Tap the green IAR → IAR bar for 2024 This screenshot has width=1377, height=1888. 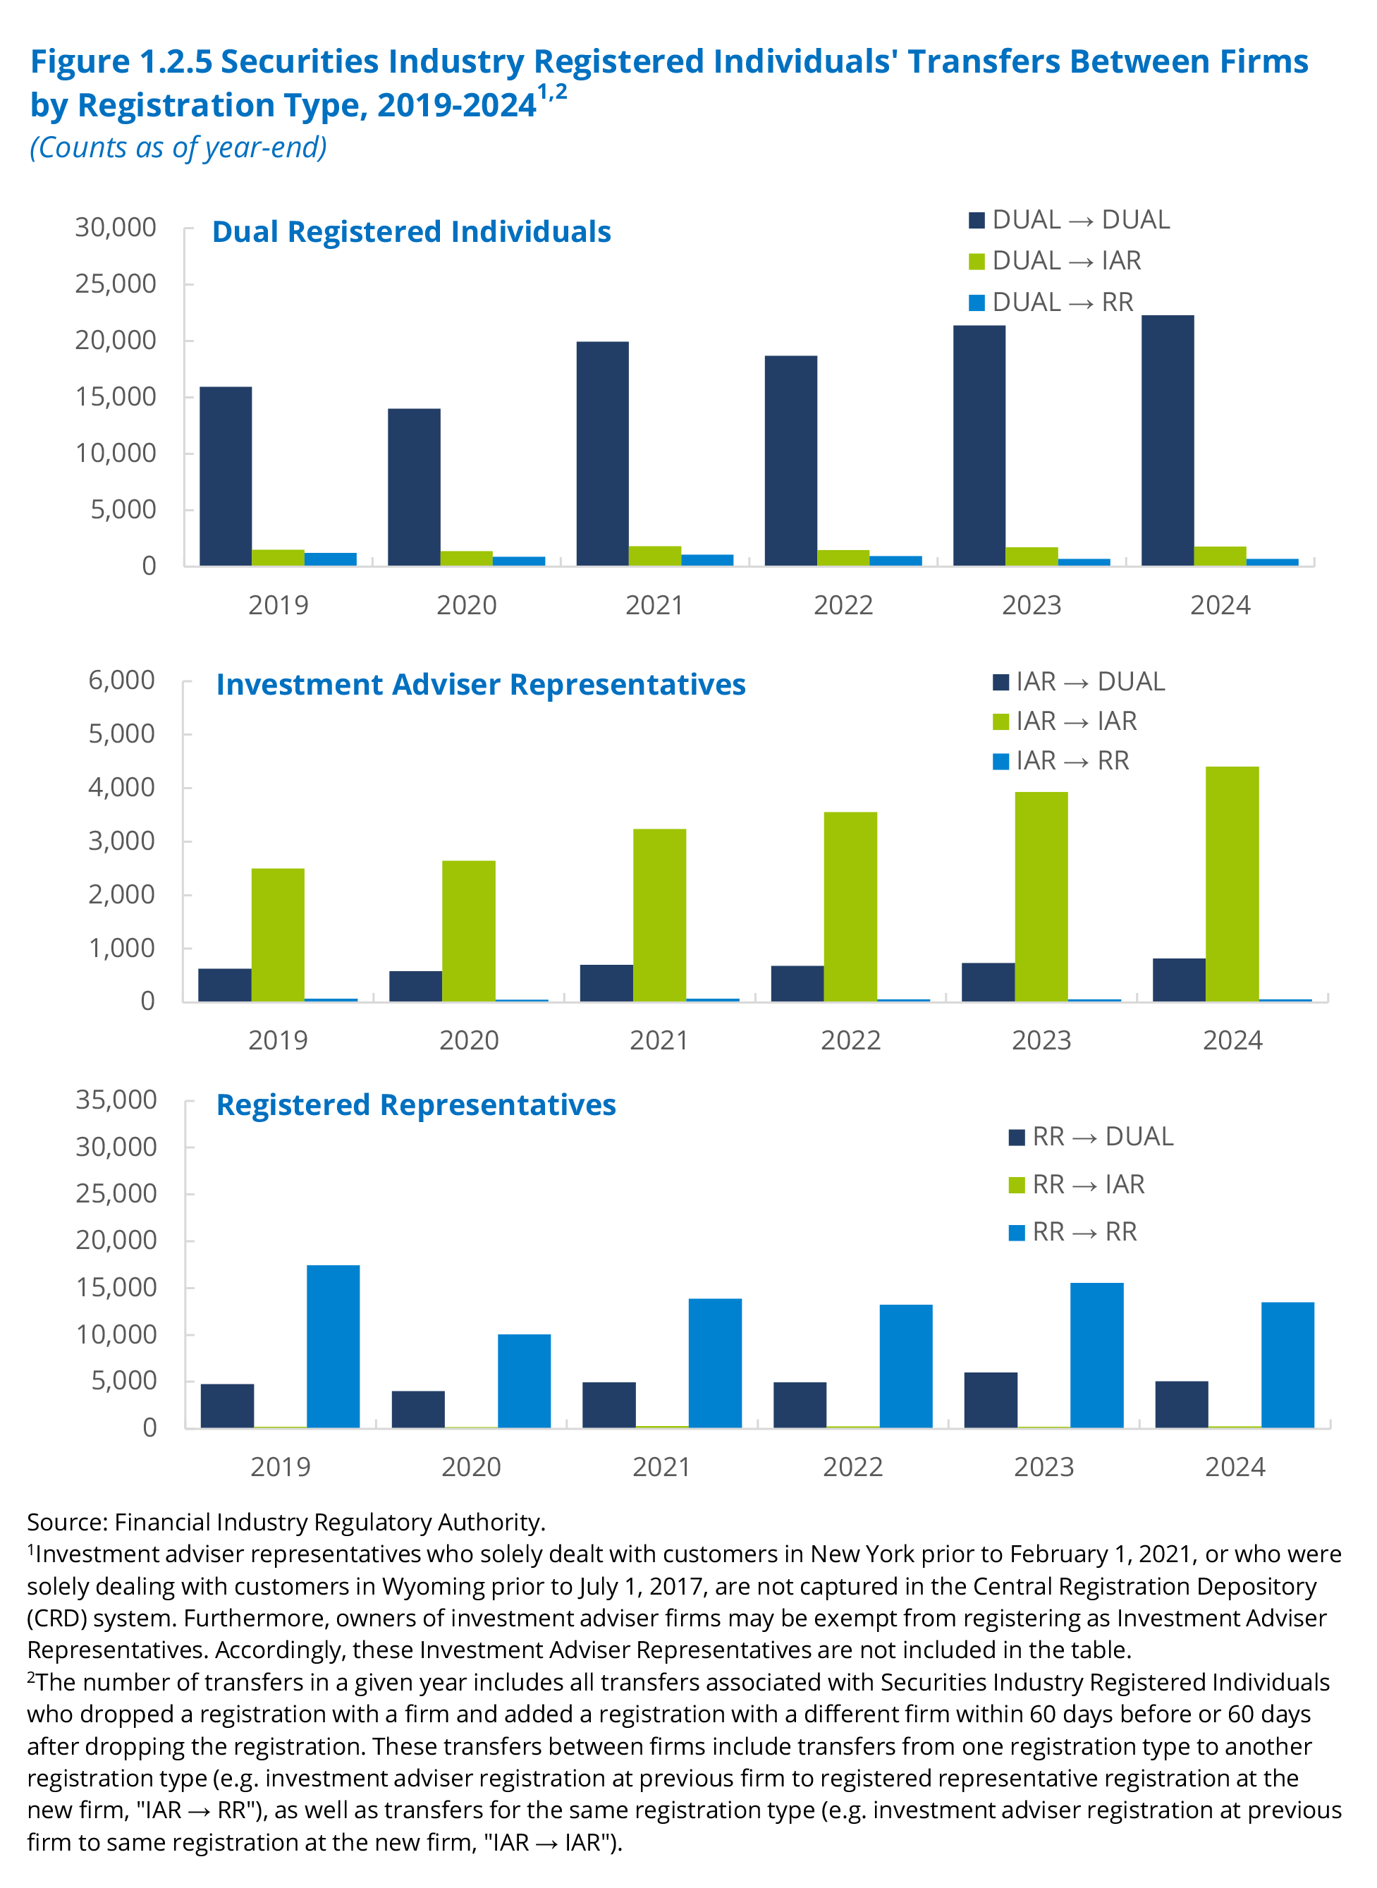1232,884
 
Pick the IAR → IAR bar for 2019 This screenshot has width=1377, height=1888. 278,934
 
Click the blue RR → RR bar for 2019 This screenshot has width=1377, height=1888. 333,1346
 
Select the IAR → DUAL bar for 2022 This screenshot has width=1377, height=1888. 797,984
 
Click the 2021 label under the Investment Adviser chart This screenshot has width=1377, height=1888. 659,1040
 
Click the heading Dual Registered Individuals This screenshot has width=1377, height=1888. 411,232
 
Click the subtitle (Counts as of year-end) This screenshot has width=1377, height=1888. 178,147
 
